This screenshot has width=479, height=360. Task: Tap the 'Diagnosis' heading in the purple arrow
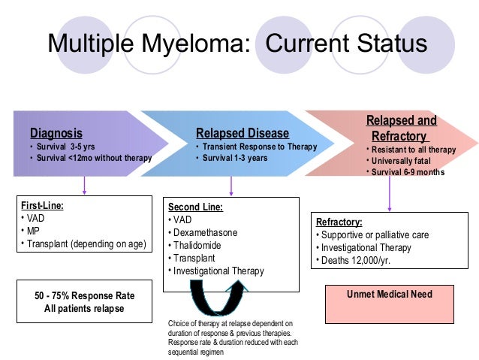(56, 134)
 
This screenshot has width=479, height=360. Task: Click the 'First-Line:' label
(41, 204)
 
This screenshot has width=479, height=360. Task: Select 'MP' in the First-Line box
(33, 231)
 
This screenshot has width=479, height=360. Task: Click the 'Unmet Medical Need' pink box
(389, 294)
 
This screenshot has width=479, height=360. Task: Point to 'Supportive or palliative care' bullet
(375, 234)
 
